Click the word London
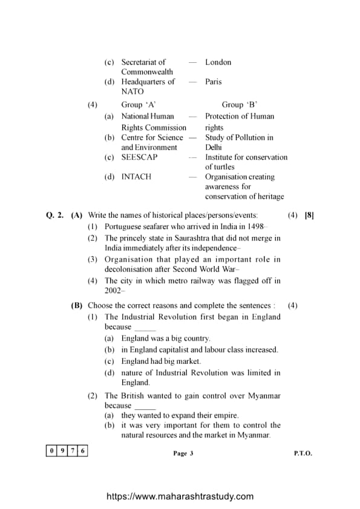click(x=218, y=62)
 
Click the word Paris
click(x=214, y=82)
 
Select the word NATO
click(x=133, y=91)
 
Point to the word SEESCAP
click(x=139, y=157)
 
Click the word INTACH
click(x=136, y=177)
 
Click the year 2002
click(x=113, y=291)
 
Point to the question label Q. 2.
click(x=55, y=215)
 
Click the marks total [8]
click(x=309, y=215)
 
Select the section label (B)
click(x=77, y=306)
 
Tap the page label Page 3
click(x=183, y=453)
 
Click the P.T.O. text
click(x=303, y=453)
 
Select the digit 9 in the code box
click(x=62, y=451)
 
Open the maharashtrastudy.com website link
click(x=180, y=496)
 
